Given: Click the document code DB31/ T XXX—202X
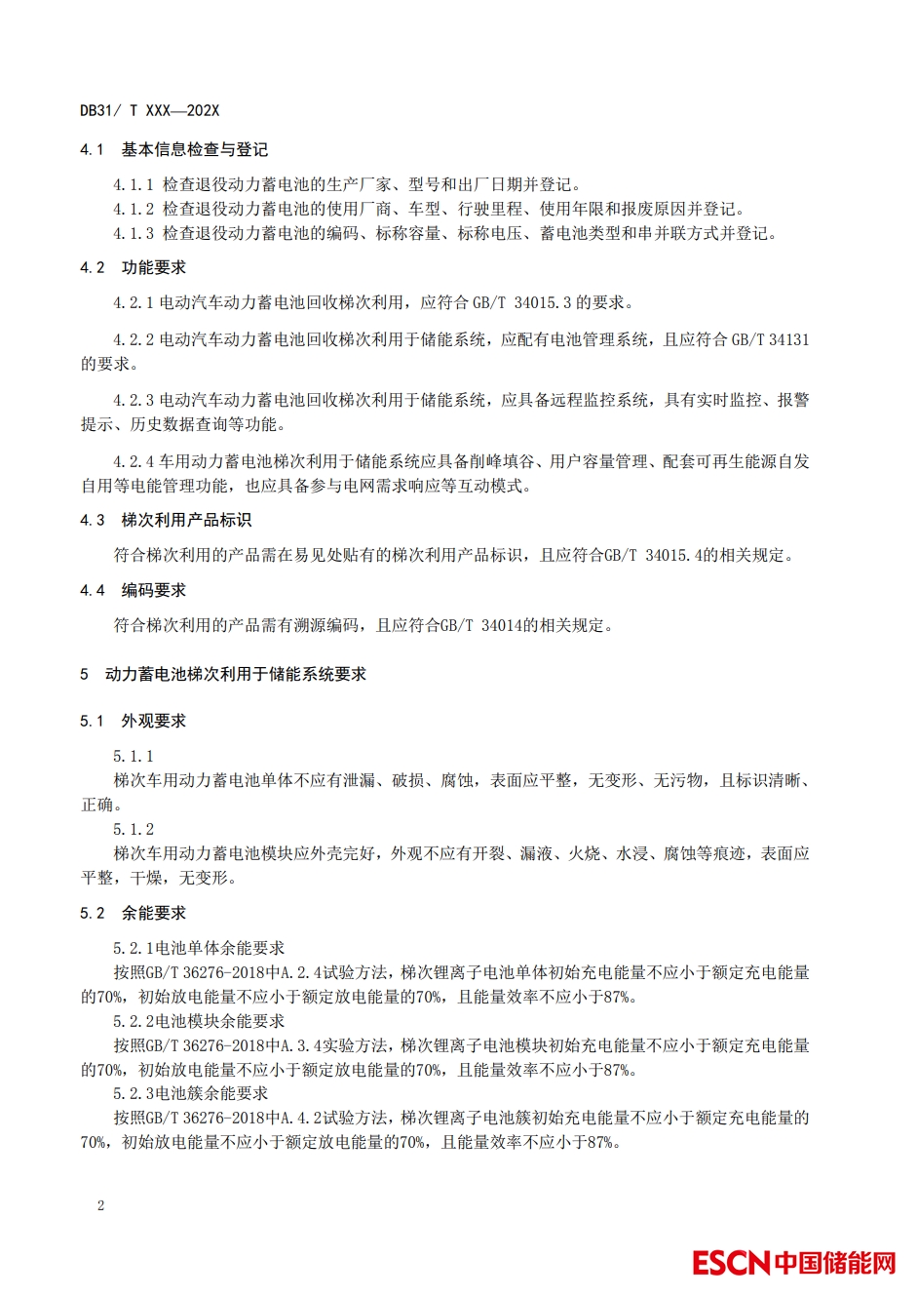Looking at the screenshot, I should (x=149, y=111).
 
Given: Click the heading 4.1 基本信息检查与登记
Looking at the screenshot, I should (x=173, y=149).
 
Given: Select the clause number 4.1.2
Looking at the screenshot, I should (x=134, y=209).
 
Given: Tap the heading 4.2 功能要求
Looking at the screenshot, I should (x=133, y=267).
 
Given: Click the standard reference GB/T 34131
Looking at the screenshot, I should (x=770, y=339).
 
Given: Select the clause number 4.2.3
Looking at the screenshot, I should (x=134, y=400).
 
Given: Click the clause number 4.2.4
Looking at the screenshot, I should (x=134, y=461).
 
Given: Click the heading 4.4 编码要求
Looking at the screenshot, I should (x=133, y=590).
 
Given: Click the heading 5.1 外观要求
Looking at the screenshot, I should (x=133, y=721).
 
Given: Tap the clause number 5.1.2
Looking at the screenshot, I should (x=134, y=829).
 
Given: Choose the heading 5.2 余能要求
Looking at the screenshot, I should (x=133, y=913).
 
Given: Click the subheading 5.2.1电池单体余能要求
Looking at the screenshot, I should (x=199, y=948).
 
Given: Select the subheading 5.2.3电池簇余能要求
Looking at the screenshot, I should (x=190, y=1093).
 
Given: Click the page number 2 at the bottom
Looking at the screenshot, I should (x=100, y=1205).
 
